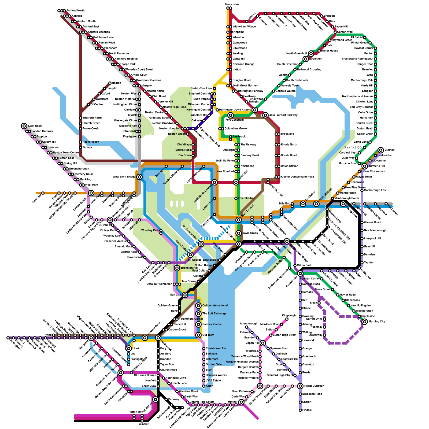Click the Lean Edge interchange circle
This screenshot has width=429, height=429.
[x=24, y=126]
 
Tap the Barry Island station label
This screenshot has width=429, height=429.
[x=232, y=5]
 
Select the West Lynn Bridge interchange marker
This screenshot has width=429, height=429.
[x=139, y=177]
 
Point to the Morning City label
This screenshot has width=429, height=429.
[x=377, y=321]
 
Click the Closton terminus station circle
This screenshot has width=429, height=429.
[x=381, y=150]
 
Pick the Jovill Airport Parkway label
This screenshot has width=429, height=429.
[x=283, y=115]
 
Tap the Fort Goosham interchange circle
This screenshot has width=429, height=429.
[x=231, y=115]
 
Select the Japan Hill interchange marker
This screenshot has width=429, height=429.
[x=263, y=343]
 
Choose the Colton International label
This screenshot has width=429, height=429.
[x=215, y=305]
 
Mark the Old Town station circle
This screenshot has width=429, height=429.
[x=198, y=335]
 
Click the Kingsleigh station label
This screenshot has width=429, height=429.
[x=289, y=316]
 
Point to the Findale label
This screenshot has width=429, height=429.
[x=307, y=410]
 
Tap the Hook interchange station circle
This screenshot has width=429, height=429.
[x=129, y=348]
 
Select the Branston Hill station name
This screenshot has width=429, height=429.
[x=189, y=268]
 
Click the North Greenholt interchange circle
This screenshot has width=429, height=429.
[x=311, y=54]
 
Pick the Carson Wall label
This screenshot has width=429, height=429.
[x=345, y=32]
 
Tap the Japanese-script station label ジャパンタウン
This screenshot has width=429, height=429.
[x=353, y=147]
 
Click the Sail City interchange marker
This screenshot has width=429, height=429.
[x=185, y=295]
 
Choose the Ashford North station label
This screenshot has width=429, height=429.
[x=75, y=10]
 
